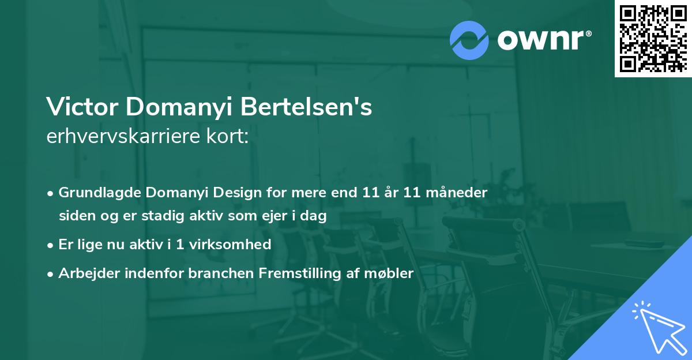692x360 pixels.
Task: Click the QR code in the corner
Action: [x=653, y=39]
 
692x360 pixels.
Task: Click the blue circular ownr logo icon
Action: [x=469, y=39]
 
